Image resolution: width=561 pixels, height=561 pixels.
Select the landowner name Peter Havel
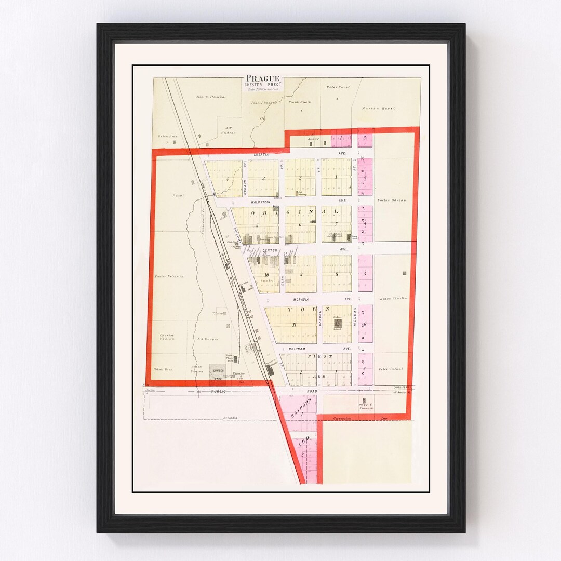[x=338, y=87]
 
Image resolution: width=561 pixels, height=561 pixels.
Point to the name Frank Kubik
[x=299, y=102]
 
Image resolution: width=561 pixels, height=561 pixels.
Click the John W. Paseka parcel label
[x=210, y=97]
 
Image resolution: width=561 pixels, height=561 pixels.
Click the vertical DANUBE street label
[x=320, y=318]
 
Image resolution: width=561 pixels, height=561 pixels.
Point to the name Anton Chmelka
[x=393, y=298]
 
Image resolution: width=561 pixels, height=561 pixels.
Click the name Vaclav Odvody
[x=392, y=200]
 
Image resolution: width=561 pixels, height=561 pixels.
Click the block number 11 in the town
[x=294, y=325]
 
